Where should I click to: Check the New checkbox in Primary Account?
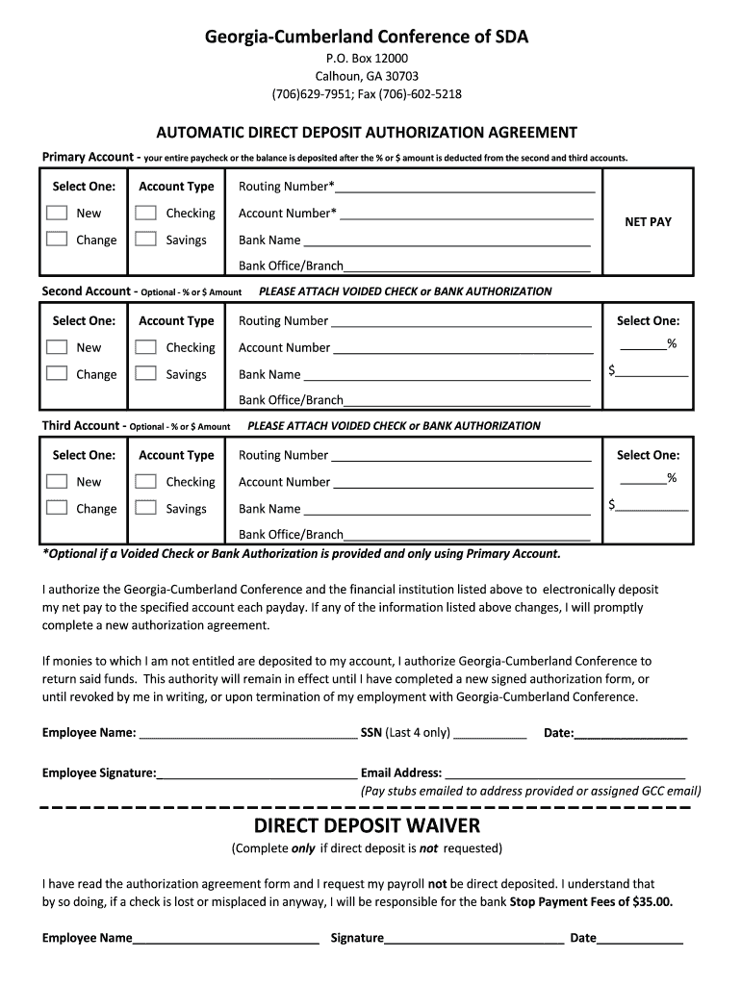point(58,214)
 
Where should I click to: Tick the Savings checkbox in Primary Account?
point(146,240)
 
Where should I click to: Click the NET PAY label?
point(648,222)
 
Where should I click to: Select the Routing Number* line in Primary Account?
point(465,189)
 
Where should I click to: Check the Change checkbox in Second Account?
point(58,375)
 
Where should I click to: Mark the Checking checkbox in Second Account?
point(146,348)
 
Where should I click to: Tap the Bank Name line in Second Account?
point(447,377)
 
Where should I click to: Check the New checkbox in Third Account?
point(58,482)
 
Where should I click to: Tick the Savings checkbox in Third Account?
point(146,509)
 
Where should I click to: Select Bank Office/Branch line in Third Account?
point(467,537)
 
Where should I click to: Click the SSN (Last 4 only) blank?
point(490,736)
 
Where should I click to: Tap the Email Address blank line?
point(565,774)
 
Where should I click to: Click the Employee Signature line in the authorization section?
point(257,774)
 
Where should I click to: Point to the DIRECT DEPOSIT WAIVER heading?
point(367,826)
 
